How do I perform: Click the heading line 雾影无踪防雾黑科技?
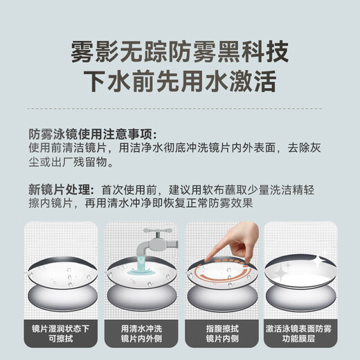coord(180,51)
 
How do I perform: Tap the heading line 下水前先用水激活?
coord(180,81)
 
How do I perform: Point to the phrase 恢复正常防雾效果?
coord(208,204)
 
